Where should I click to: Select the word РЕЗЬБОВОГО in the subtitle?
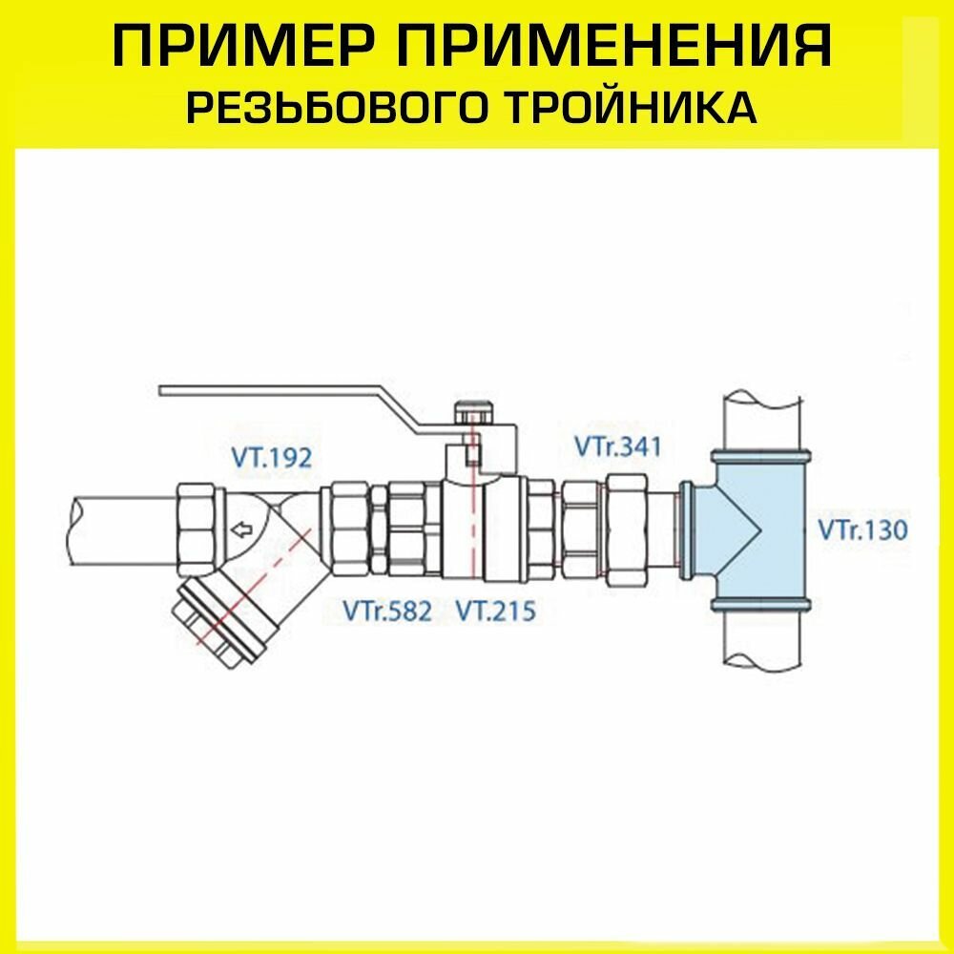(x=339, y=108)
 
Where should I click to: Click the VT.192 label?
(x=271, y=459)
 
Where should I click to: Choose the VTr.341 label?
(x=617, y=446)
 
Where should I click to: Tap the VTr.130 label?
(x=862, y=529)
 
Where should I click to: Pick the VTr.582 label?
(x=387, y=610)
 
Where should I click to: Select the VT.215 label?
(x=495, y=610)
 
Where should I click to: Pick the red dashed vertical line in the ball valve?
(x=471, y=515)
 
